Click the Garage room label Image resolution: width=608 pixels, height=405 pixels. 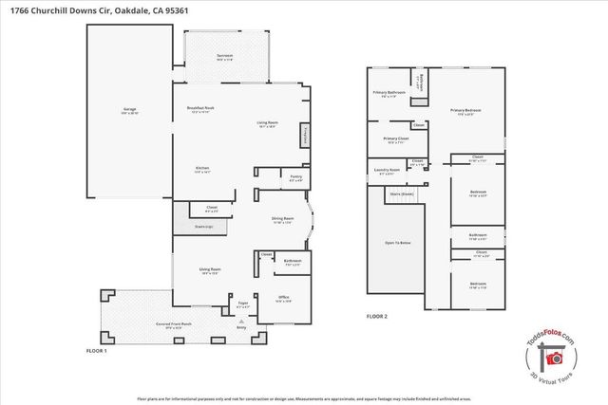(128, 110)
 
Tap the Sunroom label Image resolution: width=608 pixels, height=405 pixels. (224, 57)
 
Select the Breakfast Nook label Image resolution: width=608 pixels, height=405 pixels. (199, 111)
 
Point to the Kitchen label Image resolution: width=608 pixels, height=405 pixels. (201, 169)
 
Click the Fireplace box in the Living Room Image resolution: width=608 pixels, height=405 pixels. (305, 136)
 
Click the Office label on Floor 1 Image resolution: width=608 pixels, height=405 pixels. (282, 298)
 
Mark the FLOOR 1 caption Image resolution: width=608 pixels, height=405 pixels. (98, 350)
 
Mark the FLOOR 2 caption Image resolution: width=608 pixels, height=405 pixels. (378, 316)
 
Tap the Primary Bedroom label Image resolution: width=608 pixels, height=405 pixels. (465, 112)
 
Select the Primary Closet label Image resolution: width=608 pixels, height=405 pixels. (396, 139)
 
